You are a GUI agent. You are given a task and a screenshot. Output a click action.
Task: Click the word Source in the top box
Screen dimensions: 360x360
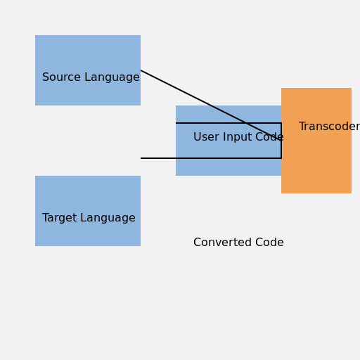click(61, 77)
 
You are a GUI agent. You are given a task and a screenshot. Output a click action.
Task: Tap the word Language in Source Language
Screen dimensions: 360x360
click(112, 77)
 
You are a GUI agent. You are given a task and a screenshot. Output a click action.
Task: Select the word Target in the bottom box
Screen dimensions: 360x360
click(60, 218)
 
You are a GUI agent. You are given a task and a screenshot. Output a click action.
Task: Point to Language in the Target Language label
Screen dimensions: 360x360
click(108, 218)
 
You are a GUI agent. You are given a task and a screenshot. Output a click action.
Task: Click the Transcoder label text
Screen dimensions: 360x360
click(330, 127)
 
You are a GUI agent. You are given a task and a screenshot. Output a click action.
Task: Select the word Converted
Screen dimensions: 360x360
click(223, 243)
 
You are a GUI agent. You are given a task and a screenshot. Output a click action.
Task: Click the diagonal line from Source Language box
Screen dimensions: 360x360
click(211, 105)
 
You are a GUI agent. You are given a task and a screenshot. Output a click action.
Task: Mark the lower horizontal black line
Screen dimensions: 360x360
click(211, 158)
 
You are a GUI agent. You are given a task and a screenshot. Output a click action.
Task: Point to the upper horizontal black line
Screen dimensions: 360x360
click(229, 123)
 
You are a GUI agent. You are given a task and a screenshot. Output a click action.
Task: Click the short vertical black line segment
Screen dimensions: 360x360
click(281, 141)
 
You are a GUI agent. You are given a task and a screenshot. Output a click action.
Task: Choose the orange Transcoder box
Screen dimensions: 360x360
click(316, 141)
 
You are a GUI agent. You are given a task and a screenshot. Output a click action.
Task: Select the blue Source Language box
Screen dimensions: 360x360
click(88, 70)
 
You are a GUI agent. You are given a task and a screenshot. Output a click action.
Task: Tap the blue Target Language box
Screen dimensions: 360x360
click(88, 211)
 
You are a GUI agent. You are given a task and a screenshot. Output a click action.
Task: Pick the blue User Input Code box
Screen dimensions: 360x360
click(229, 141)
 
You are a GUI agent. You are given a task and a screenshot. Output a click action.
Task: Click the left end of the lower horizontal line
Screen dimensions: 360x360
click(141, 158)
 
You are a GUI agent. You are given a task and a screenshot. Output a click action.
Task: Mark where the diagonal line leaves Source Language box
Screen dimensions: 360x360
click(141, 70)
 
